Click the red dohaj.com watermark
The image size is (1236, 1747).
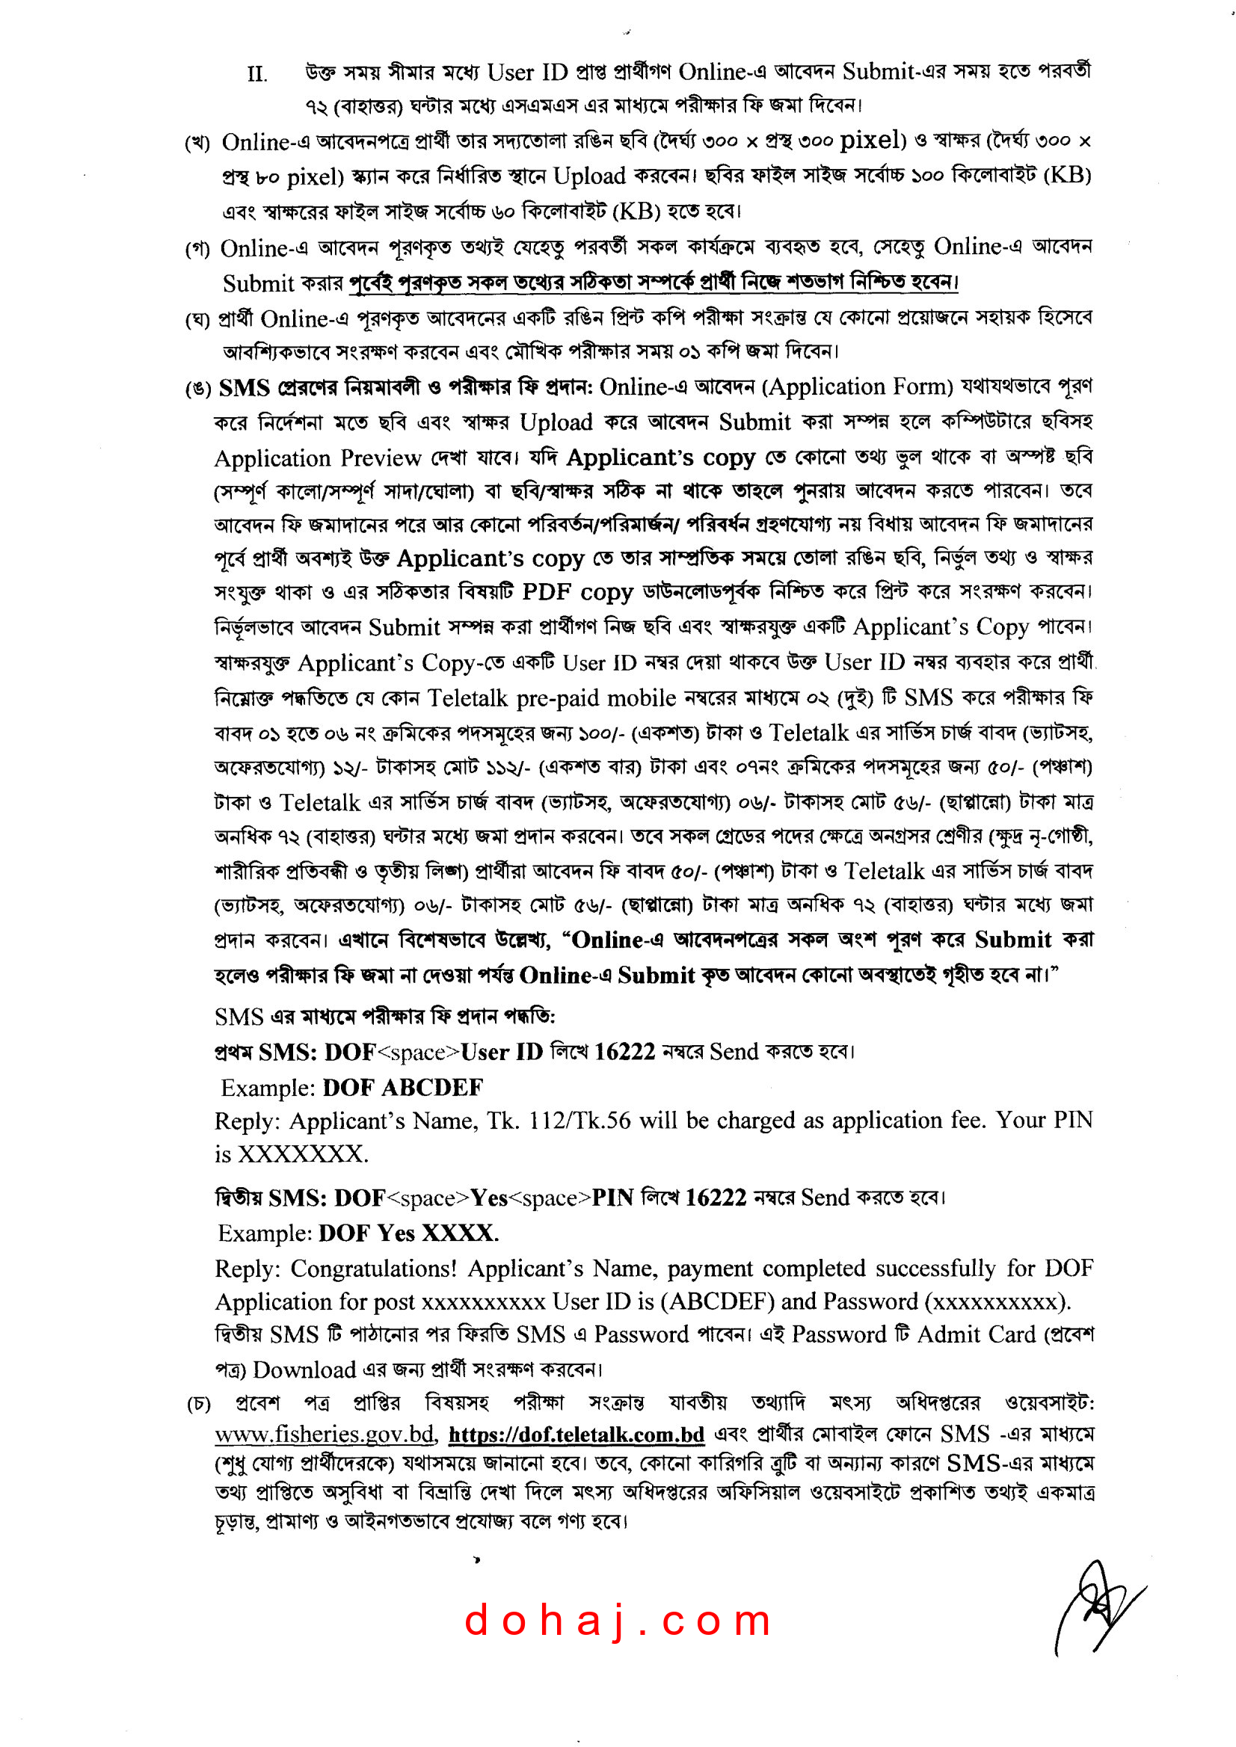(617, 1620)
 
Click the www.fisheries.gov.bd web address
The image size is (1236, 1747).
(325, 1435)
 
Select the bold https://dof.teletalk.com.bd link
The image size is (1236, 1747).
(577, 1435)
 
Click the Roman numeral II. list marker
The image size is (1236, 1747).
(257, 75)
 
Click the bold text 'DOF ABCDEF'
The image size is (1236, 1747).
(402, 1088)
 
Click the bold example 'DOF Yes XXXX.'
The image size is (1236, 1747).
(409, 1233)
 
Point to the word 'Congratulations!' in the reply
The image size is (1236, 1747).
(374, 1269)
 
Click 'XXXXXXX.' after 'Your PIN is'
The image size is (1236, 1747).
(304, 1154)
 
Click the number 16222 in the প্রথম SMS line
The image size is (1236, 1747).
(624, 1052)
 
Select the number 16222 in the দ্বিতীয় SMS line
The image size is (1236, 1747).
(716, 1198)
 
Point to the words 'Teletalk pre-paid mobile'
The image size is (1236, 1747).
(551, 697)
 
